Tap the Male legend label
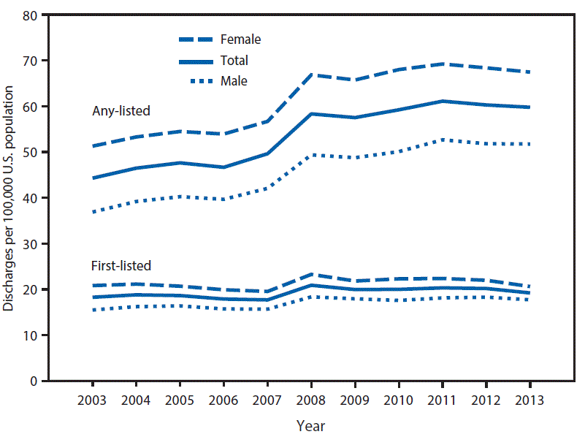click(x=234, y=81)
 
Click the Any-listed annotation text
click(x=121, y=111)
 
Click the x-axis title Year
click(x=311, y=425)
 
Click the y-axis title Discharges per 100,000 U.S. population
click(x=9, y=197)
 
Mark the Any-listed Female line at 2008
click(x=311, y=75)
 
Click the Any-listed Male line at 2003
click(x=93, y=212)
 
